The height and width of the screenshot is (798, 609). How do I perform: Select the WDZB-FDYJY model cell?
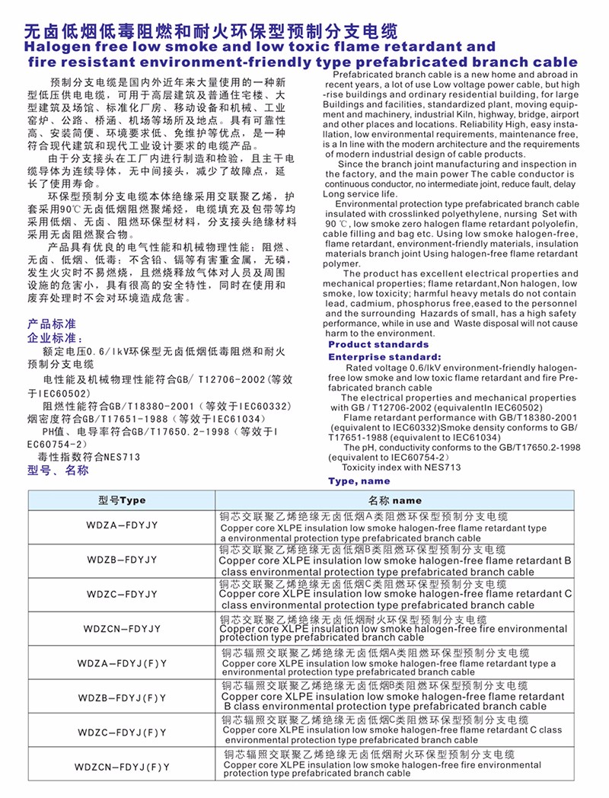pos(123,560)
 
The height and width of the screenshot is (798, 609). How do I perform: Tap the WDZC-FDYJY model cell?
pos(123,593)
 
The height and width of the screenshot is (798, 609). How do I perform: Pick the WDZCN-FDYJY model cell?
pos(123,628)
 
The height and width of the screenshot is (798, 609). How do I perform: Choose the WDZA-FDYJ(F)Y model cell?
pos(123,662)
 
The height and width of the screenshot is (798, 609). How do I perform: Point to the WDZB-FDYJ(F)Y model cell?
pos(123,697)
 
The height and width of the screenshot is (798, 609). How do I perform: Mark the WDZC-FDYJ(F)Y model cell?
pos(123,732)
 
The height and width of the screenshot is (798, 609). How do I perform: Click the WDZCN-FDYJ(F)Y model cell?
pos(123,766)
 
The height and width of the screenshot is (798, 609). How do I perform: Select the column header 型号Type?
pos(122,500)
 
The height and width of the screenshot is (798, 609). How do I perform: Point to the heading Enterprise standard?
pos(384,356)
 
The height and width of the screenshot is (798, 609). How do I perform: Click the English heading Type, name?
pos(359,481)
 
